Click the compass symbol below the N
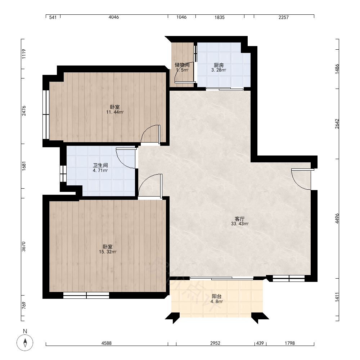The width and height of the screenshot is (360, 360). (x=25, y=343)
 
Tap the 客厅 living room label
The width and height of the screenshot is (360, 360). (x=239, y=219)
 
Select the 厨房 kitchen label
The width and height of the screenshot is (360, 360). (x=219, y=65)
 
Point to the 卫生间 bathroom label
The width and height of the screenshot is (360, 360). (x=100, y=165)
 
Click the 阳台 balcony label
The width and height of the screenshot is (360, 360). (x=216, y=296)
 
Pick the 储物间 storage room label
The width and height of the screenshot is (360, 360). (x=182, y=65)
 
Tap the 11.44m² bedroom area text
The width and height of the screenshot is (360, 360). (x=115, y=112)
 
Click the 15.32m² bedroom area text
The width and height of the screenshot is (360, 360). (x=108, y=252)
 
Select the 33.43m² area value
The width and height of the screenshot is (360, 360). (x=240, y=224)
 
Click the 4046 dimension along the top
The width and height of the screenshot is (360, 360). (x=114, y=17)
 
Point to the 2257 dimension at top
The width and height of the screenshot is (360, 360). (x=284, y=17)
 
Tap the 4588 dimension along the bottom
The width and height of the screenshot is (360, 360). (x=107, y=343)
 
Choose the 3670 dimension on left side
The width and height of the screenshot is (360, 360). (x=24, y=247)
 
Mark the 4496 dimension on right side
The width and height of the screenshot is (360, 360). (x=337, y=219)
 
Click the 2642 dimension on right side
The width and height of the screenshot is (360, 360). (x=337, y=124)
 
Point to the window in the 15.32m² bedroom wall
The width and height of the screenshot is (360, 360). (x=86, y=295)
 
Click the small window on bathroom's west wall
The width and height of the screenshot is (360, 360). (x=63, y=174)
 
